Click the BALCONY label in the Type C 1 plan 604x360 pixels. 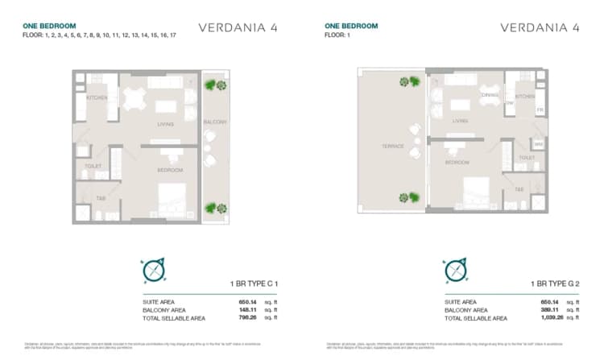(x=215, y=122)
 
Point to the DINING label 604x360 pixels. (x=490, y=96)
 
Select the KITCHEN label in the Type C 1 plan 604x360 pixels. (x=97, y=97)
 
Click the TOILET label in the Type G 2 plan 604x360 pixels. (x=527, y=158)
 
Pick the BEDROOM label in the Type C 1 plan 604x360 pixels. (x=169, y=170)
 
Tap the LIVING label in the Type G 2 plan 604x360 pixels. (x=460, y=122)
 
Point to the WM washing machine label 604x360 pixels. (x=537, y=143)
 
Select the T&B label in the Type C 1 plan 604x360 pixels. (x=101, y=198)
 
